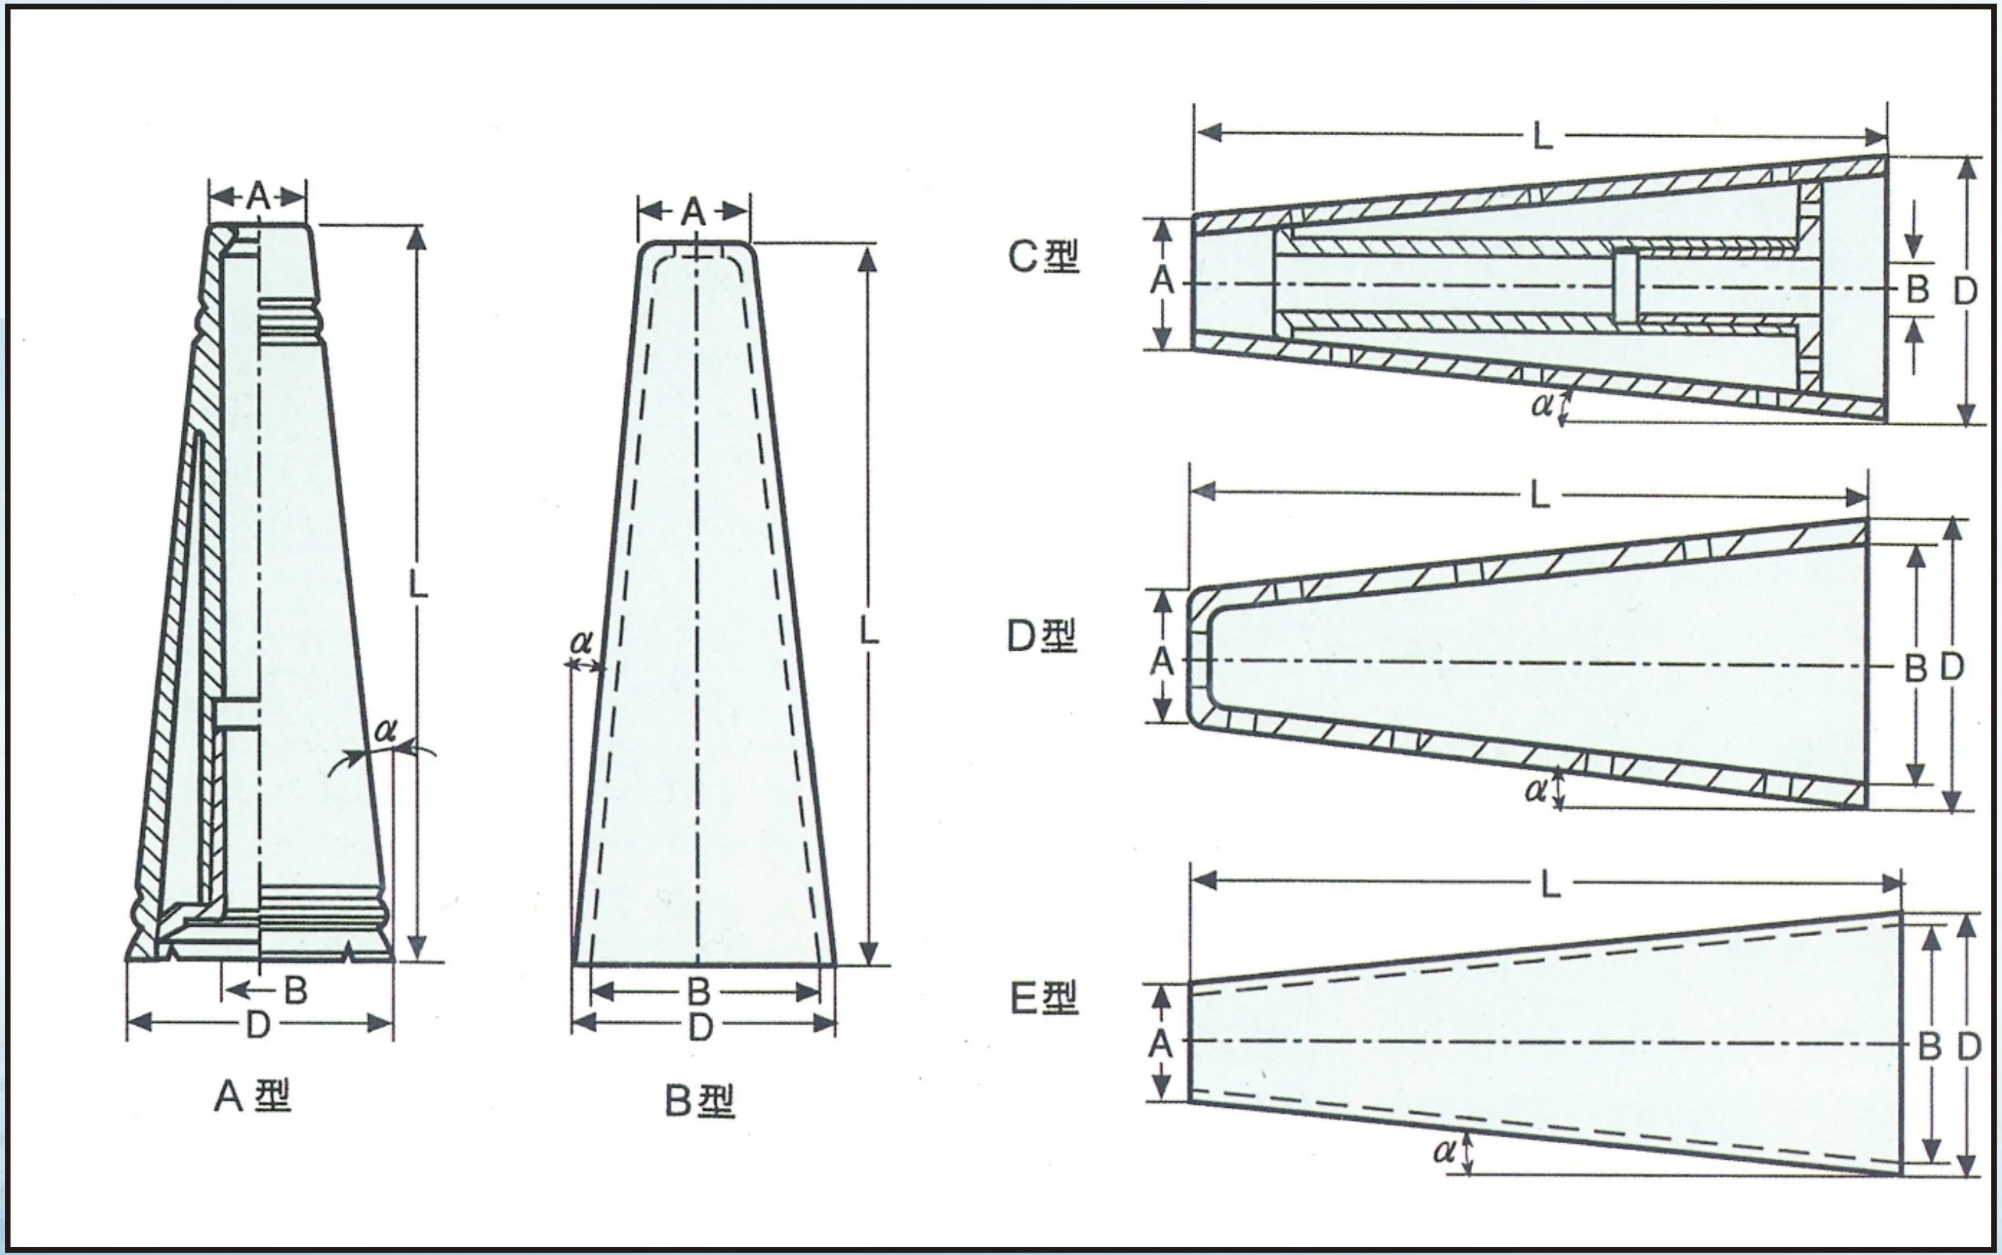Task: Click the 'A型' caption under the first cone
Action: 253,1096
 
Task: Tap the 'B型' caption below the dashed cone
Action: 699,1101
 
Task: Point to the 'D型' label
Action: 1042,636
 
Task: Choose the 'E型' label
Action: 1044,998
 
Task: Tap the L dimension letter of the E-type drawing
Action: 1550,886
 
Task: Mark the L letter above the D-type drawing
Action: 1539,495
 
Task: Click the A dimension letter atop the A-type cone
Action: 258,197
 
